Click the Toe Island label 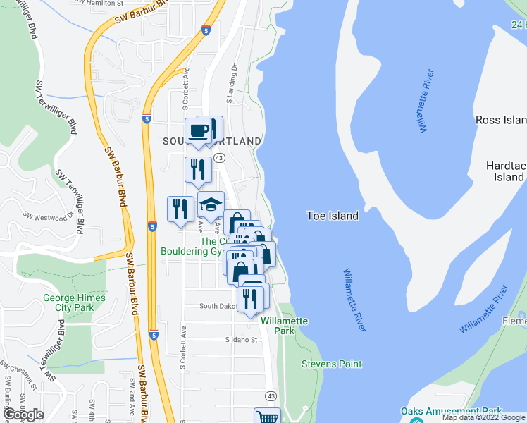click(x=333, y=216)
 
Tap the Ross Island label click(x=501, y=121)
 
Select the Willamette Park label click(x=284, y=325)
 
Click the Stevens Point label click(x=331, y=364)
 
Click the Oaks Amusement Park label click(x=451, y=411)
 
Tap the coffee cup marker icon click(x=199, y=131)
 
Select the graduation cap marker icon click(x=211, y=204)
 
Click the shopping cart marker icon click(x=267, y=416)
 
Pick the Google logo click(x=23, y=415)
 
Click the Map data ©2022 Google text click(x=483, y=417)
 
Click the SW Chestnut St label click(x=19, y=373)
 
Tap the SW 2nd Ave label click(x=131, y=395)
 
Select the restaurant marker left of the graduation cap click(x=180, y=209)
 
